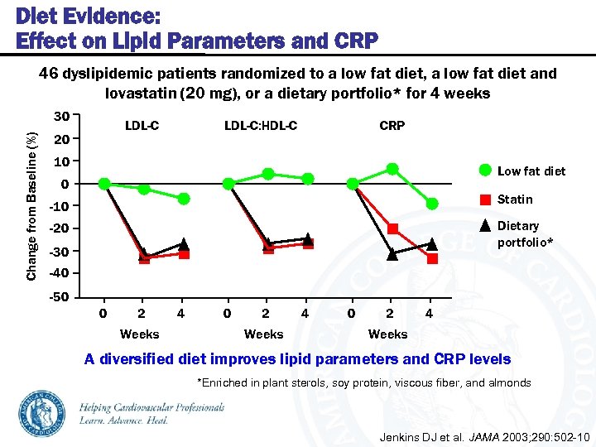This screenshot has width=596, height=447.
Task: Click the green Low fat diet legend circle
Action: (x=485, y=171)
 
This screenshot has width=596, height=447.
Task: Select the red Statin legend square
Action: (x=486, y=199)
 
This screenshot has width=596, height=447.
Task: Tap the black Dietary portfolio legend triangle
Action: (x=486, y=226)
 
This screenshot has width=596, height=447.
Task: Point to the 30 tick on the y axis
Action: (x=61, y=115)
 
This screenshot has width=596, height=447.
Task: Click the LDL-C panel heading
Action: (x=142, y=126)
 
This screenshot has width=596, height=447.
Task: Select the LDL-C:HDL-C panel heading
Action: (x=261, y=126)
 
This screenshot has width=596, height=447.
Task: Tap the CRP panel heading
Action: (x=392, y=126)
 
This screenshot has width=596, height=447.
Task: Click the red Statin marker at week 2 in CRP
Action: (x=392, y=228)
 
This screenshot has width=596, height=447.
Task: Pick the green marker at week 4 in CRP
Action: (x=432, y=204)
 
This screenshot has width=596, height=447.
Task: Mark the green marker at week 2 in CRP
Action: (x=392, y=169)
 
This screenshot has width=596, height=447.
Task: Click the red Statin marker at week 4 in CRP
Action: (x=432, y=259)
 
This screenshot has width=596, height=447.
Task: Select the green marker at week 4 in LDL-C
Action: (x=184, y=199)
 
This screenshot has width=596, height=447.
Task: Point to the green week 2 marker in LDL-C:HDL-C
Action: (x=268, y=174)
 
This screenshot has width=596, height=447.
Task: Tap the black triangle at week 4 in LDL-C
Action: (x=184, y=244)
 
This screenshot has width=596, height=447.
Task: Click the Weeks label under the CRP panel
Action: (x=387, y=334)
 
